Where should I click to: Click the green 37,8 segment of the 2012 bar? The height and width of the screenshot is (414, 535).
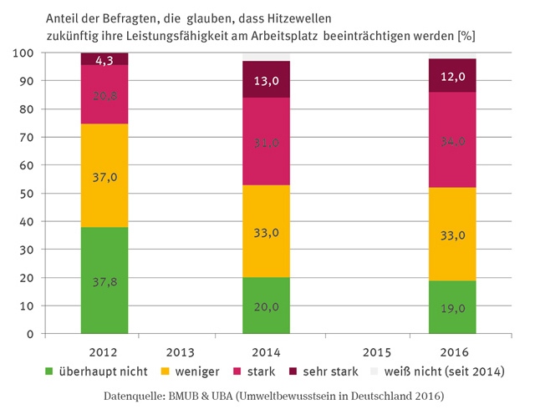pos(104,280)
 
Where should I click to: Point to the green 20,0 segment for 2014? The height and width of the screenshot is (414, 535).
pos(267,305)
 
